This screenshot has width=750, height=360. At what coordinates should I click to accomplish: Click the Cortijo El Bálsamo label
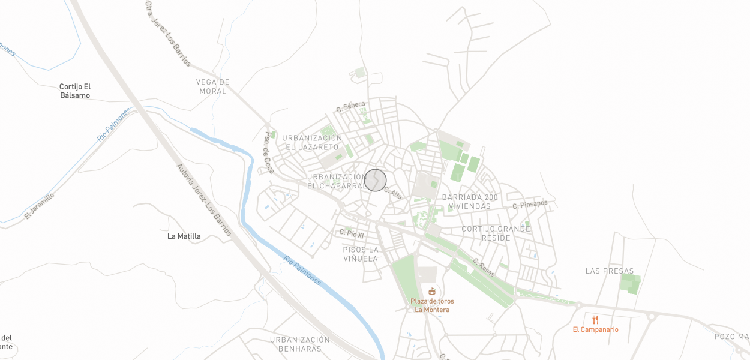(75, 91)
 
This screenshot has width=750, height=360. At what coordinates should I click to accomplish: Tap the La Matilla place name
(184, 236)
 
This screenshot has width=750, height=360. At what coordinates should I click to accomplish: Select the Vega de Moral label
(213, 86)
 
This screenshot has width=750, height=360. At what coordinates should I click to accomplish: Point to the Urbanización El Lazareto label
(312, 142)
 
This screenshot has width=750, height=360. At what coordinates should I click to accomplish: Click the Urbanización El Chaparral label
(336, 181)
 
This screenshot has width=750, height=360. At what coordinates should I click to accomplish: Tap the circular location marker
(376, 180)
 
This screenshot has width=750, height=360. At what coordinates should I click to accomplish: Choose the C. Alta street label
(393, 193)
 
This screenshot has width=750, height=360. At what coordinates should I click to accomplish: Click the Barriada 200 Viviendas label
(470, 202)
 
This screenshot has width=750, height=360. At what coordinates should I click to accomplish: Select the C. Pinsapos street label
(530, 205)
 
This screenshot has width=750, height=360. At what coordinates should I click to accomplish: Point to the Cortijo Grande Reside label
(496, 233)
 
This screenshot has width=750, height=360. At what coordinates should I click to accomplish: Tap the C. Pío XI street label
(352, 233)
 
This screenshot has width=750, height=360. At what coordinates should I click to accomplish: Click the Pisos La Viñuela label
(361, 254)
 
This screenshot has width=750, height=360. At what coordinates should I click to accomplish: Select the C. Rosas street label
(484, 267)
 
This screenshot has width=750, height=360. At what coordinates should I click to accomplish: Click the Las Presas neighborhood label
(610, 271)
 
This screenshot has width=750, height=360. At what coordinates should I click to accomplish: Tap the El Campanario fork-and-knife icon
(595, 320)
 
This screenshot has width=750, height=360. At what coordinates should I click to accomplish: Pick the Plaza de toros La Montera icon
(432, 292)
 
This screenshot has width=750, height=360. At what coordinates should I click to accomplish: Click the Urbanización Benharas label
(300, 344)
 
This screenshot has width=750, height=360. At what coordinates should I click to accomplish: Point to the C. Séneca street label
(350, 107)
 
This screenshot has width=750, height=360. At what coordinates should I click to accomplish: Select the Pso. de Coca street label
(269, 152)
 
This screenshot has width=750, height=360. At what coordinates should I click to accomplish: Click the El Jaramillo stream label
(40, 206)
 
